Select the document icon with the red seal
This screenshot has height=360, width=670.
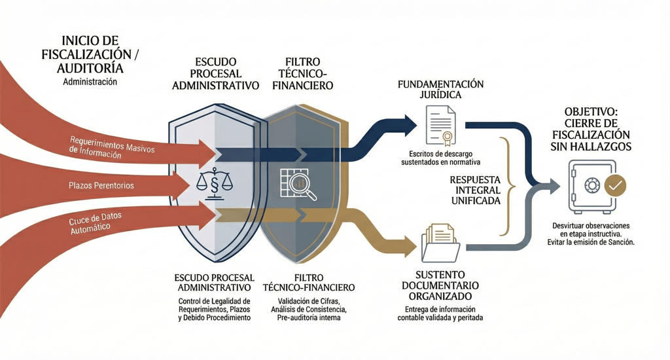pyautogui.click(x=441, y=126)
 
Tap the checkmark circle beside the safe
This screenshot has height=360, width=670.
pyautogui.click(x=615, y=185)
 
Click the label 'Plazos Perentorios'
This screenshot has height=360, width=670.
pyautogui.click(x=101, y=186)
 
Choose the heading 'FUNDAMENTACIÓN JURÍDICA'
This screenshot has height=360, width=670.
pyautogui.click(x=441, y=90)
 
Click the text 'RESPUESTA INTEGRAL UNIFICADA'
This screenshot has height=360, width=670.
pyautogui.click(x=475, y=190)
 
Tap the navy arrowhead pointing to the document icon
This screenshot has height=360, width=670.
pyautogui.click(x=410, y=122)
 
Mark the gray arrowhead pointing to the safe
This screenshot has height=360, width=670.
pyautogui.click(x=554, y=186)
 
